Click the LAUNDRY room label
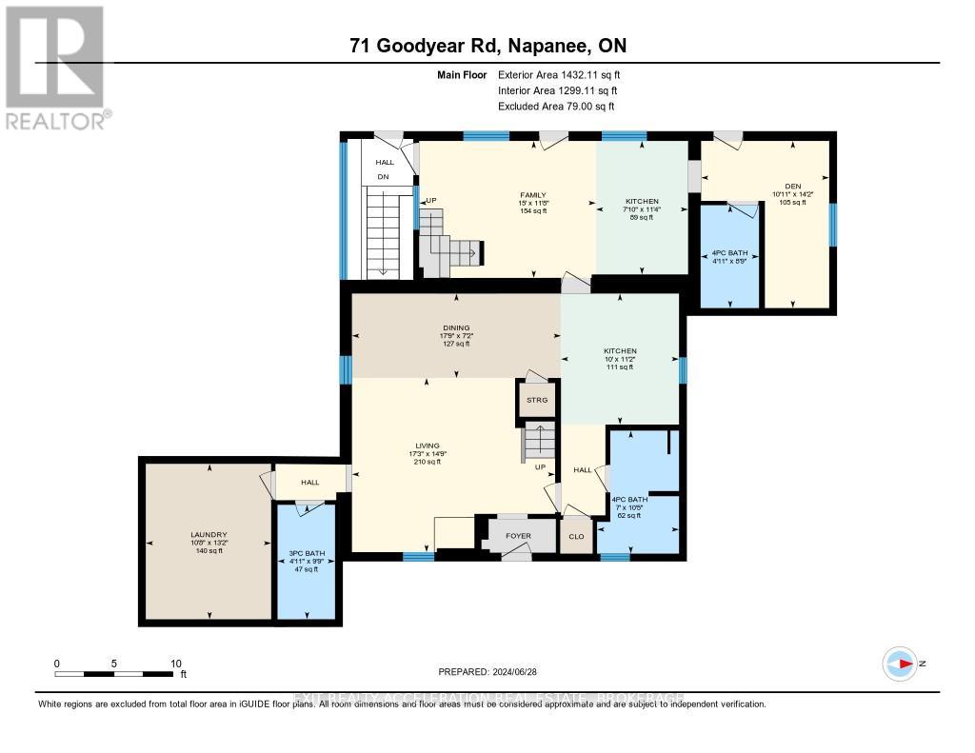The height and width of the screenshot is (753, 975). [x=208, y=535]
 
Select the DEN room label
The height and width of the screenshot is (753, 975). [x=793, y=187]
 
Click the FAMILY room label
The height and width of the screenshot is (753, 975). [x=534, y=195]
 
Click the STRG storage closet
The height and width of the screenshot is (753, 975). [x=537, y=400]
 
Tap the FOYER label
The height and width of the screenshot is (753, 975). [x=518, y=536]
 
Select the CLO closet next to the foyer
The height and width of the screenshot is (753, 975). [x=576, y=536]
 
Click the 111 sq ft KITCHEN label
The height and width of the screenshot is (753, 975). [x=619, y=351]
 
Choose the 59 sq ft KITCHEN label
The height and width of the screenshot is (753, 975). [x=641, y=202]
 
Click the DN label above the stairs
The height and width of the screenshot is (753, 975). [x=384, y=177]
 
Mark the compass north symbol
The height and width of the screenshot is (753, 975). [x=900, y=663]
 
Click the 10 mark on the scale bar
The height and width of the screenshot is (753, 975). [x=175, y=663]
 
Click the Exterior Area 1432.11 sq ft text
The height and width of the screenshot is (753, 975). [x=561, y=74]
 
